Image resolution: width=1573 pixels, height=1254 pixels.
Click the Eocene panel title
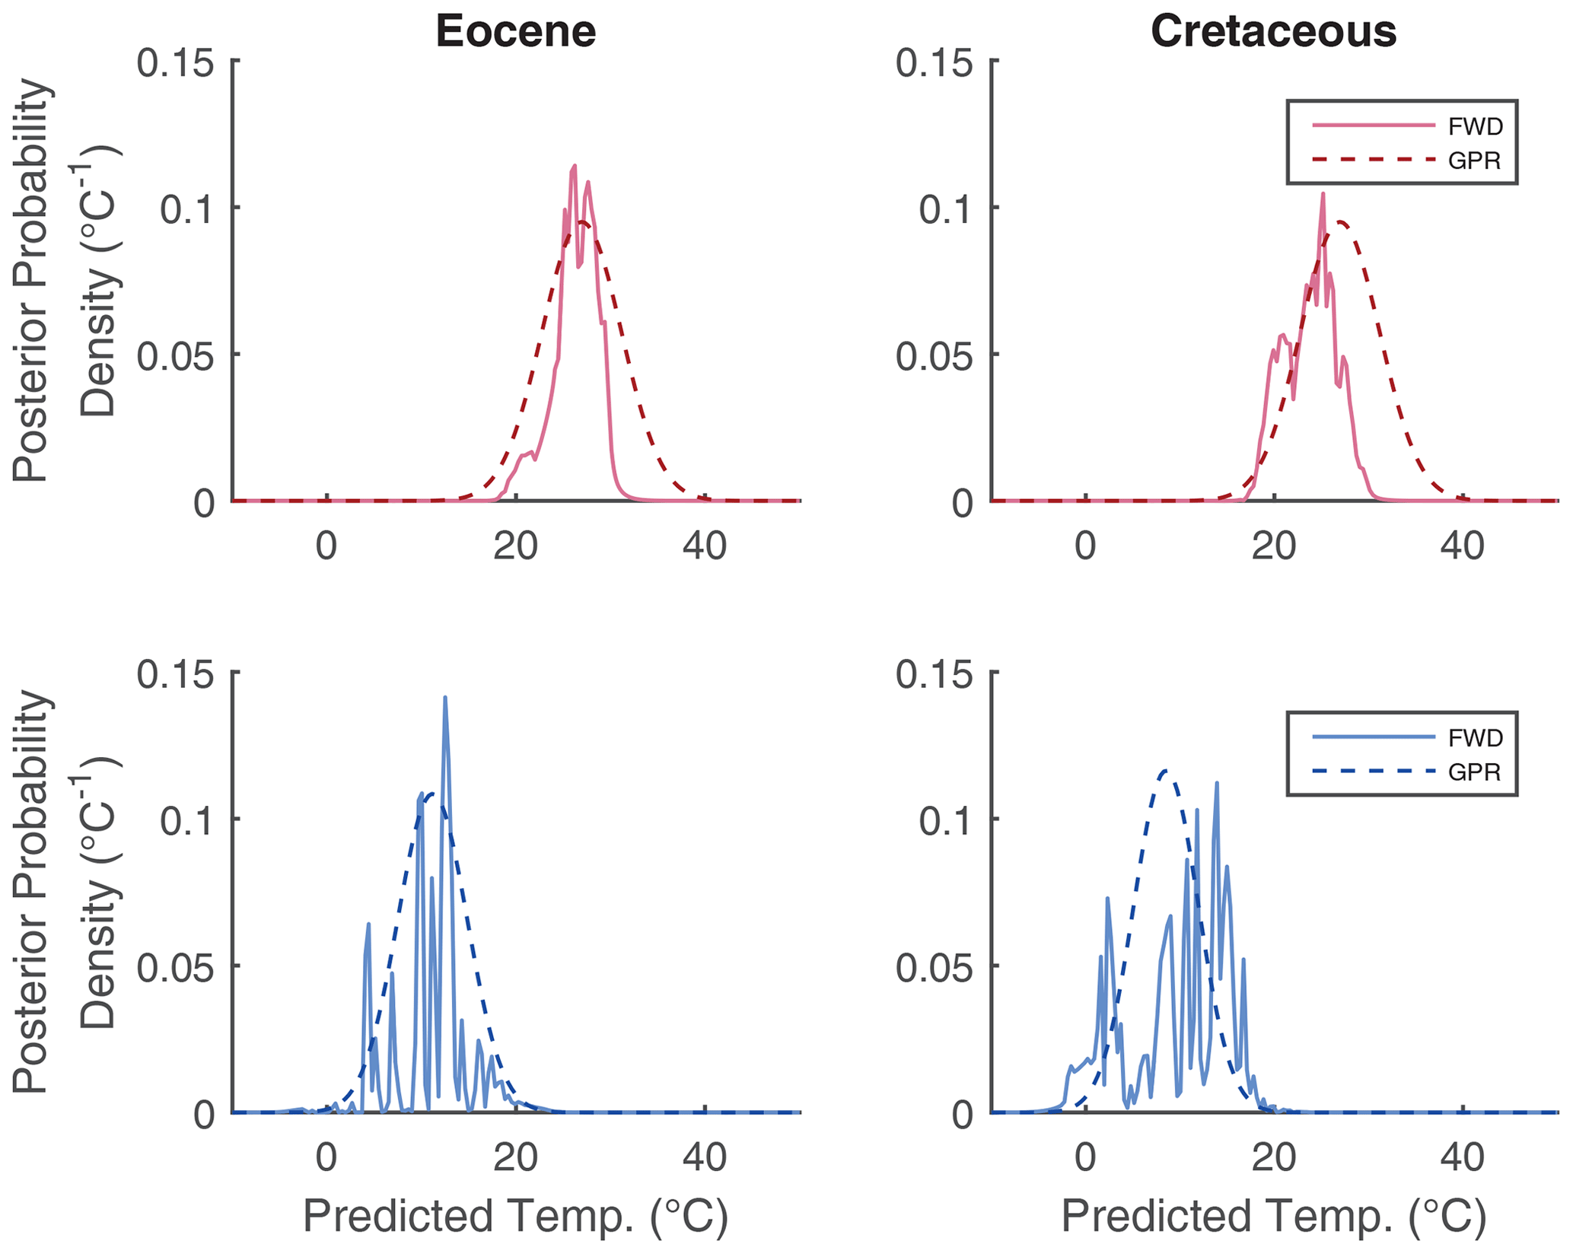[x=515, y=32]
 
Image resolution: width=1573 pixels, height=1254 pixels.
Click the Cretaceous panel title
[x=1273, y=32]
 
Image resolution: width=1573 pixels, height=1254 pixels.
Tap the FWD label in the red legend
[x=1475, y=126]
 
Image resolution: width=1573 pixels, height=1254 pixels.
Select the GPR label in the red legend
[x=1474, y=161]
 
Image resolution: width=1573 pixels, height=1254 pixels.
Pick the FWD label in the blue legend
[x=1475, y=738]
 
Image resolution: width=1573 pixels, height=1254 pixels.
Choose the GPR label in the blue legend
[x=1474, y=772]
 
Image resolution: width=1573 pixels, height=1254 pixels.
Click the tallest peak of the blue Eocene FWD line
[x=444, y=698]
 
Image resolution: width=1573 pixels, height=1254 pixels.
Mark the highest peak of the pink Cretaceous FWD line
[x=1323, y=194]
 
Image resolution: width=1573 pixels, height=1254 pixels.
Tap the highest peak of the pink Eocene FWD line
[x=575, y=166]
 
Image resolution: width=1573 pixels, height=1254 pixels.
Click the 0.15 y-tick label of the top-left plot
[x=174, y=62]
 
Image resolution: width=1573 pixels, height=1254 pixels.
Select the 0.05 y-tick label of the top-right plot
[x=934, y=357]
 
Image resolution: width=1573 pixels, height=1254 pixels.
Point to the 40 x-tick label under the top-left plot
[x=704, y=546]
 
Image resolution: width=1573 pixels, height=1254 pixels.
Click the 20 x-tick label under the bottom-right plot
[x=1273, y=1158]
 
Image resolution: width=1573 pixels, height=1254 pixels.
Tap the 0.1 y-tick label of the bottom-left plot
[x=186, y=820]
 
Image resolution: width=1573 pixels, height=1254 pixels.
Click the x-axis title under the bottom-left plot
[x=515, y=1215]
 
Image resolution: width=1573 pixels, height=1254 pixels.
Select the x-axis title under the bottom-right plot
[x=1273, y=1215]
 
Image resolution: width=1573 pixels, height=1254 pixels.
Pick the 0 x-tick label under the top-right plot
[x=1085, y=546]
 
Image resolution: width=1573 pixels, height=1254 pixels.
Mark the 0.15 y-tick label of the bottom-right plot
[x=934, y=675]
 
